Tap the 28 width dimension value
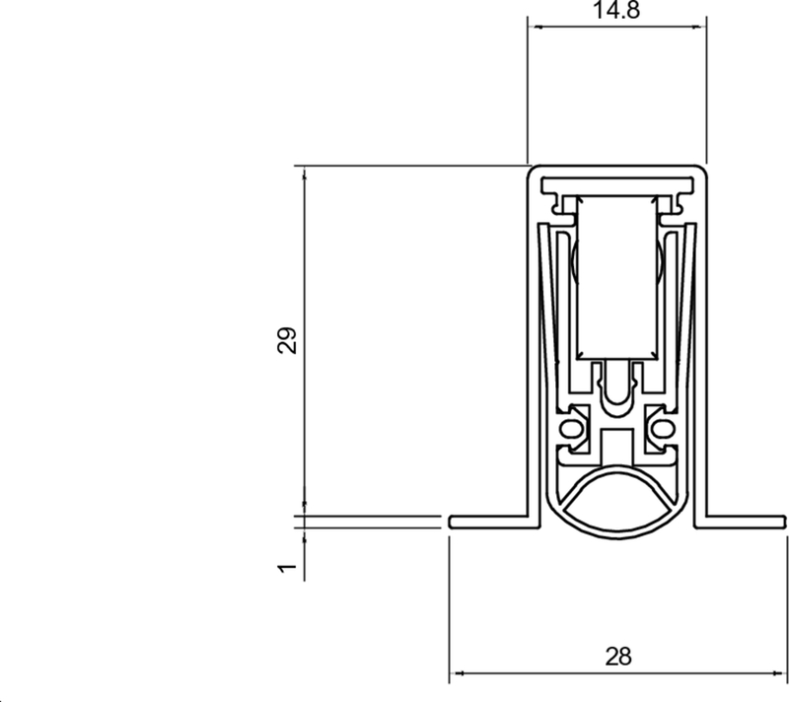click(617, 656)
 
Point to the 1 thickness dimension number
click(287, 568)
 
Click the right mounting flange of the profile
click(745, 521)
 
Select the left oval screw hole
click(570, 429)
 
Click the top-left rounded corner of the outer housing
click(534, 172)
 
